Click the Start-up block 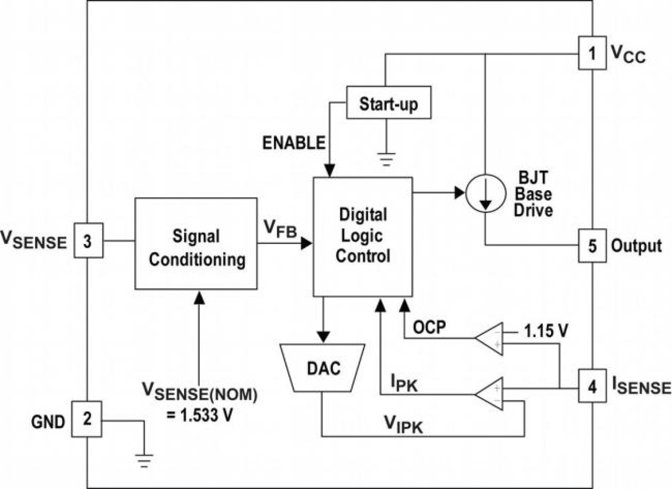(388, 104)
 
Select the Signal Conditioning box (196, 247)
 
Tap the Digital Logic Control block (363, 236)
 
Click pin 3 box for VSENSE (87, 241)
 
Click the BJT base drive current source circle (484, 194)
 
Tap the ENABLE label (294, 143)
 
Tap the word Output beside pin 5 (637, 246)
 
